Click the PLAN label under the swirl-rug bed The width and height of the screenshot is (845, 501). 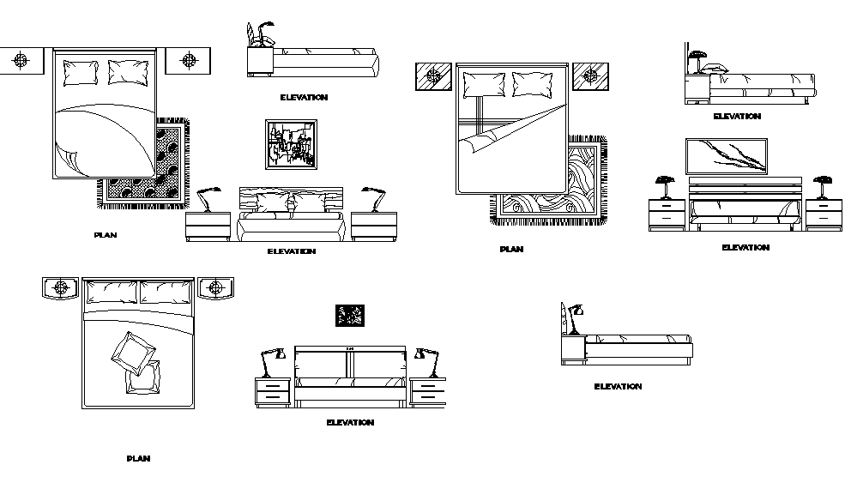pyautogui.click(x=511, y=250)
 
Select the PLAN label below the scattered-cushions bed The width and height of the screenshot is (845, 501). pyautogui.click(x=138, y=459)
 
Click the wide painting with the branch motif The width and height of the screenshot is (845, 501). pyautogui.click(x=726, y=156)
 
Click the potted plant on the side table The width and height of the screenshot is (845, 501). pyautogui.click(x=261, y=35)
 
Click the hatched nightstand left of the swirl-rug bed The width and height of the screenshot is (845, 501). pyautogui.click(x=434, y=75)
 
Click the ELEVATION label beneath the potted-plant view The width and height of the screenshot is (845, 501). pyautogui.click(x=304, y=98)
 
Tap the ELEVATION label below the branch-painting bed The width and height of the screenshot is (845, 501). pyautogui.click(x=745, y=248)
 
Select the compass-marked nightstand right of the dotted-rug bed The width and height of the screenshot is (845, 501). pyautogui.click(x=186, y=60)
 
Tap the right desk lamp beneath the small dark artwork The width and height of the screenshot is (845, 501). pyautogui.click(x=426, y=361)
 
